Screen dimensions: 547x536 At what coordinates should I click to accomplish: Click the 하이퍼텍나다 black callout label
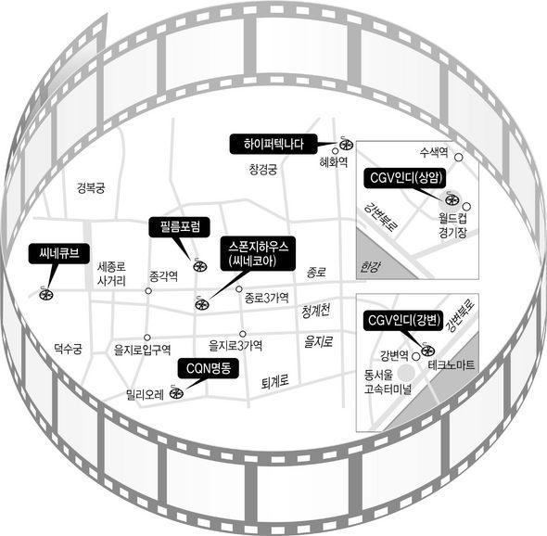tap(273, 144)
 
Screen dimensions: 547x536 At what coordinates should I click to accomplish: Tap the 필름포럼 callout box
tap(180, 227)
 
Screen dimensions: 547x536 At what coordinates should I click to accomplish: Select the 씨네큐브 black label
tap(59, 253)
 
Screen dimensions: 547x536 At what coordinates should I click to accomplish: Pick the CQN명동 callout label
tap(209, 368)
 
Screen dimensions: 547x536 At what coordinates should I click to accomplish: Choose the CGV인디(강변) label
tap(403, 320)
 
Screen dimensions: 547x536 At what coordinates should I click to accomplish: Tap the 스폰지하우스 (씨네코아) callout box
tap(258, 254)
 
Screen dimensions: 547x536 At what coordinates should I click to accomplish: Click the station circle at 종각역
tap(148, 290)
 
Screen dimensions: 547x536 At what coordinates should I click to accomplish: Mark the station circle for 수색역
tap(459, 158)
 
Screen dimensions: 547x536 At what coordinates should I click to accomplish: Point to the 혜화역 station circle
tap(336, 151)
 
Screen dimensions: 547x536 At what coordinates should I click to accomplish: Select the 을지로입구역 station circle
tap(147, 338)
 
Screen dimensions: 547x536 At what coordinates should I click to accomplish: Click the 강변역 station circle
tap(416, 356)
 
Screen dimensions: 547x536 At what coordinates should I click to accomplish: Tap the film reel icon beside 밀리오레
tap(176, 393)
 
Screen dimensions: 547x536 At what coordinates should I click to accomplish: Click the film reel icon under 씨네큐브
tap(46, 294)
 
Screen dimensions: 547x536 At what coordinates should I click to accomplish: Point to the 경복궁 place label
tap(91, 188)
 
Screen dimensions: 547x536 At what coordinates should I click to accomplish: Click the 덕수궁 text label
tap(68, 348)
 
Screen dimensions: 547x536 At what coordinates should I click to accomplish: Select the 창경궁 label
tap(263, 170)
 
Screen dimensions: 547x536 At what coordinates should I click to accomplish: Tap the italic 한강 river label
tap(370, 267)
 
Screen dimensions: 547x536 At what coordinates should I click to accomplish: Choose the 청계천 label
tap(316, 311)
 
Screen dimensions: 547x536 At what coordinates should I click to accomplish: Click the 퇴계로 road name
tap(275, 382)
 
